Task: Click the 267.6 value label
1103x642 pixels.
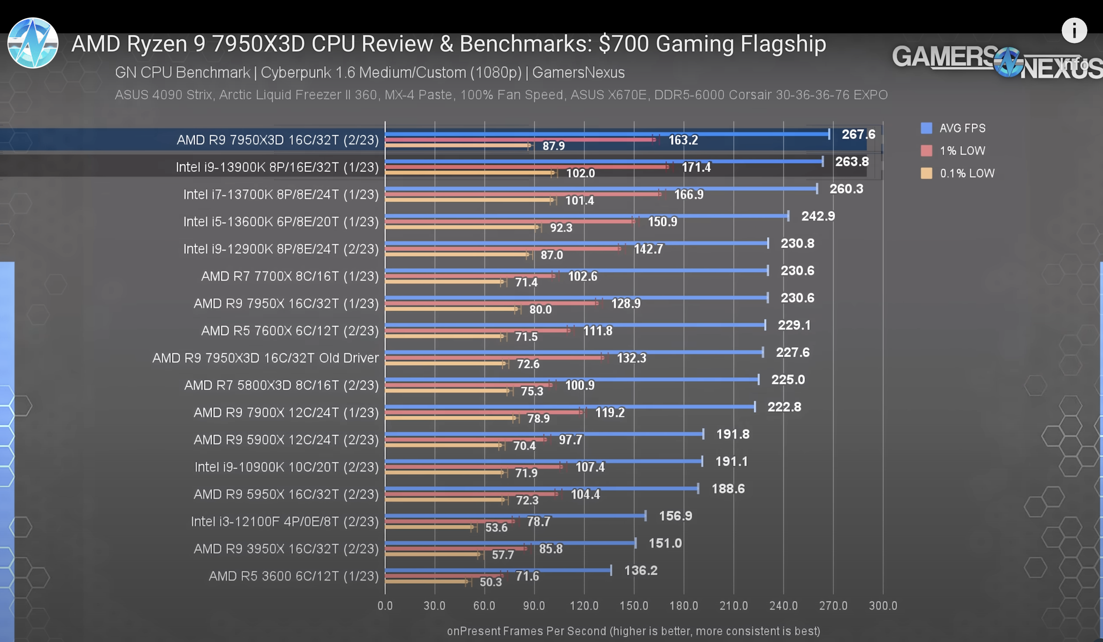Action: tap(858, 134)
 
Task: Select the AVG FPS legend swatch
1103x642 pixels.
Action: tap(926, 128)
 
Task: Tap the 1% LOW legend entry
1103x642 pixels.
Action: tap(962, 151)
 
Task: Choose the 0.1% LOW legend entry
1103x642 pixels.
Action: tap(966, 173)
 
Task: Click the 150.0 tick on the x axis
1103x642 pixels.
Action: tap(633, 606)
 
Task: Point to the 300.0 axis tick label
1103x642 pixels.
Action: tap(882, 606)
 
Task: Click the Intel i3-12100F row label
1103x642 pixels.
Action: tap(285, 522)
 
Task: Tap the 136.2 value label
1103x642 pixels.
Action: tap(640, 570)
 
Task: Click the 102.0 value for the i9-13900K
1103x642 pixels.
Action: tap(580, 173)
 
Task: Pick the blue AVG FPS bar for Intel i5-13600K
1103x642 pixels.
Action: tap(587, 216)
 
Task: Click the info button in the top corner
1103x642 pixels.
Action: tap(1074, 30)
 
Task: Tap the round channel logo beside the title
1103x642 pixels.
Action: tap(33, 43)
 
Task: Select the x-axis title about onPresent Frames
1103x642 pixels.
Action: tap(633, 631)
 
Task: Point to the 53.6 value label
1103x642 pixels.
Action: tap(496, 527)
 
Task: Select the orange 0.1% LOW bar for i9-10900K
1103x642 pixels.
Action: tap(444, 472)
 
